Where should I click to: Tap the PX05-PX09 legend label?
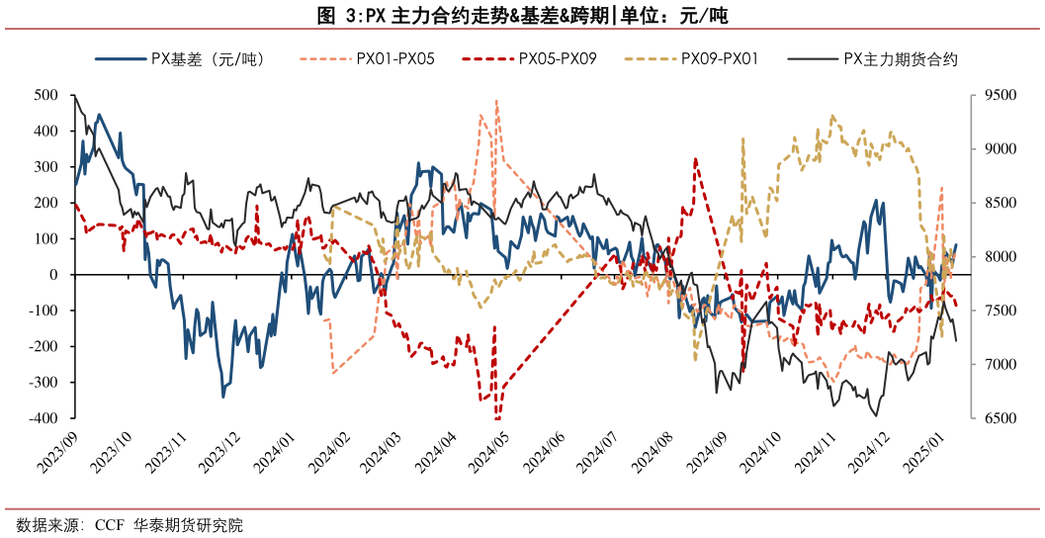click(558, 59)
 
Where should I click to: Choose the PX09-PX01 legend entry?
click(720, 59)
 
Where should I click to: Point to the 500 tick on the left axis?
click(44, 95)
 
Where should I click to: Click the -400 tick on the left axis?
click(43, 418)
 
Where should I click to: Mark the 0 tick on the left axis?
click(53, 275)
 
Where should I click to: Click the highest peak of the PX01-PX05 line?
click(496, 100)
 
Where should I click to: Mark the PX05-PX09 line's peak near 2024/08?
click(696, 158)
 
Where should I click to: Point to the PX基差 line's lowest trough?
click(223, 397)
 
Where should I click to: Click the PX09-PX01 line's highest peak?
click(832, 116)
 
